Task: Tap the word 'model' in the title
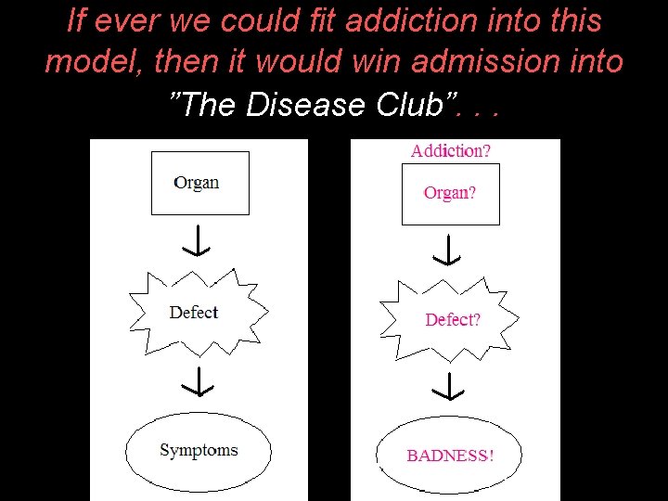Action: point(85,62)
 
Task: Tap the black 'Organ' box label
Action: point(197,182)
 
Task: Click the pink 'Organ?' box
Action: point(450,193)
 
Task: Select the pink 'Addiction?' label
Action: point(451,150)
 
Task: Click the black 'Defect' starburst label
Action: point(194,313)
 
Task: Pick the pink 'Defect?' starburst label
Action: point(453,320)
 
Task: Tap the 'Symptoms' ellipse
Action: point(199,451)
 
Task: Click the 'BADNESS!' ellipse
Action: point(451,456)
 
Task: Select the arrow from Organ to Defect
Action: point(197,240)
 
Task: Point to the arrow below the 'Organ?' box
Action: point(449,250)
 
